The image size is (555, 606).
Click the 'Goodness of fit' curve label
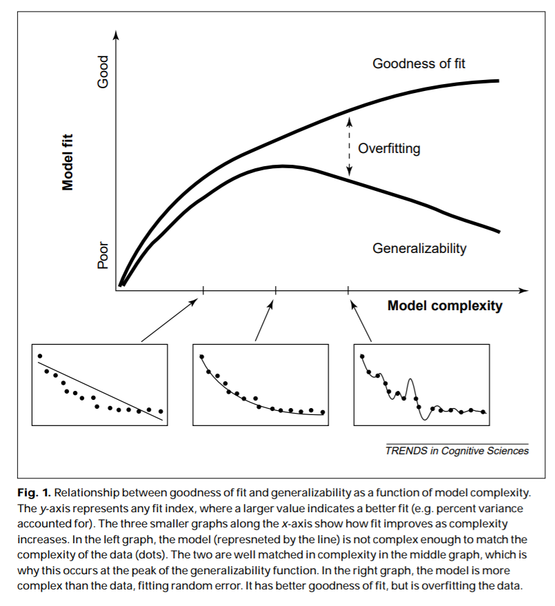[419, 64]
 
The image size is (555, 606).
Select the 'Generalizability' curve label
[419, 248]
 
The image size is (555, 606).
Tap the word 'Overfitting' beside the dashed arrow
[389, 148]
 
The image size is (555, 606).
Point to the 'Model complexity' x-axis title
[445, 305]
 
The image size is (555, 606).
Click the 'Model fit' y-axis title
[68, 161]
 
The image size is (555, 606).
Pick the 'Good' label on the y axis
[103, 72]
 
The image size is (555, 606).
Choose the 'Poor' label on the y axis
[103, 254]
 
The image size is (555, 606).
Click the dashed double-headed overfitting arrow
[350, 148]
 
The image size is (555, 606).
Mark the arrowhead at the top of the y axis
[117, 36]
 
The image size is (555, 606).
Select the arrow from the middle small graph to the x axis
[265, 316]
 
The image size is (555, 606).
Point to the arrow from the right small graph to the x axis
[360, 319]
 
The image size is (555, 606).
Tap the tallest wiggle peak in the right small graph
[411, 380]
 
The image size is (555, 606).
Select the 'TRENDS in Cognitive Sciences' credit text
[457, 451]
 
